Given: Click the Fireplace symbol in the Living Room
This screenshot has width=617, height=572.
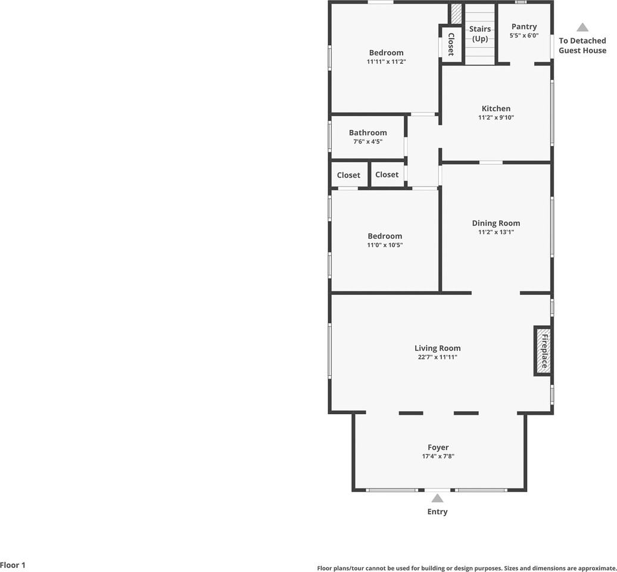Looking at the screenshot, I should point(543,350).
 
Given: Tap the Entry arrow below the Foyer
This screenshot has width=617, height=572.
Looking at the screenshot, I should point(438,499).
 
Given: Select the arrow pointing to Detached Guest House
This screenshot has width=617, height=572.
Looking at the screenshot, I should point(582,27).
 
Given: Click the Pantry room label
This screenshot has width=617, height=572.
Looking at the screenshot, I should point(524,26).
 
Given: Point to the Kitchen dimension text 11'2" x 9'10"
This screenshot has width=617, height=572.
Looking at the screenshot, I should point(496,118).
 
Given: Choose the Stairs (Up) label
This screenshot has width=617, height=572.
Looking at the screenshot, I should point(480,34).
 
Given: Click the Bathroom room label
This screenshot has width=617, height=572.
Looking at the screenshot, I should point(367,133).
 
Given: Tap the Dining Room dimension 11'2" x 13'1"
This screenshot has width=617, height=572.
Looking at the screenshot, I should point(496,232).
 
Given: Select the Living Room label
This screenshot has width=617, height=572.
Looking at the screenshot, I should point(438,349).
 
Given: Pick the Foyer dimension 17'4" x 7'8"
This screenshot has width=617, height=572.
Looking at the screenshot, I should point(438,456).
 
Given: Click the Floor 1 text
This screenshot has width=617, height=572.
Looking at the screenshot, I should point(13,565).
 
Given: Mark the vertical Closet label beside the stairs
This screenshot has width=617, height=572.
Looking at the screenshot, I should point(451,44).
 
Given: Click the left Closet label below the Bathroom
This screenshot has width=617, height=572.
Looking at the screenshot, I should point(348,175).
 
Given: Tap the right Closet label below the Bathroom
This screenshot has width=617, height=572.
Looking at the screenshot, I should point(387,175).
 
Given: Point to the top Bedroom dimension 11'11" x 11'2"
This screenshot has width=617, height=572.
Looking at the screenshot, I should point(386,62).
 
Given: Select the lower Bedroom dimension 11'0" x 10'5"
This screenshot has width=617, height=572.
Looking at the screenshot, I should point(385,245).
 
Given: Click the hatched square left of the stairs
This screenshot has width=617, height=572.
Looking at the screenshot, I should point(456,13).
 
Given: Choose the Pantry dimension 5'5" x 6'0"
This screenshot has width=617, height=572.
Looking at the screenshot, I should point(524,36).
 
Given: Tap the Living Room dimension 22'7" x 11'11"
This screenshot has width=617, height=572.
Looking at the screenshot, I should point(438,357).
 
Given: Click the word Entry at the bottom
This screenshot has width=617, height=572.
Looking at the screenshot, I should point(438,512).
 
